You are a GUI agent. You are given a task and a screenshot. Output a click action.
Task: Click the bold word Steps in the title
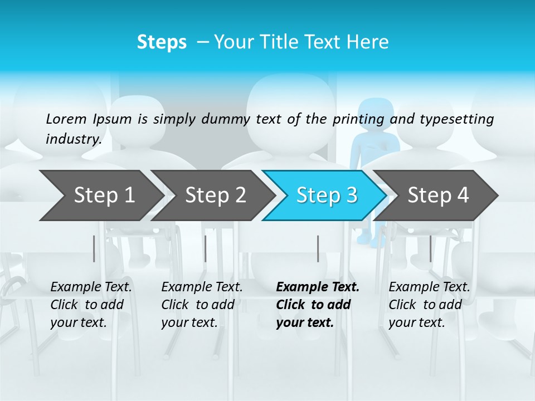[162, 42]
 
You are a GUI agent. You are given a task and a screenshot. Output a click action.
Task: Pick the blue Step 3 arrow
[325, 195]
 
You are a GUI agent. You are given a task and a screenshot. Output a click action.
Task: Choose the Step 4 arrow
[437, 195]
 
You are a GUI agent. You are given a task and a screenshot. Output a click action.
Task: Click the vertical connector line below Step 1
[94, 248]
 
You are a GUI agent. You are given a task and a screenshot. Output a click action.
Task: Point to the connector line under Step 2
[206, 248]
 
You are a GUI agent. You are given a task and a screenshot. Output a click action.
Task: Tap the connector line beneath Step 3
[318, 248]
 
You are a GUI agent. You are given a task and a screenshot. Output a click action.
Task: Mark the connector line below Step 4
[430, 248]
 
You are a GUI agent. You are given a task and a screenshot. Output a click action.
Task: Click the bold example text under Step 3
[317, 305]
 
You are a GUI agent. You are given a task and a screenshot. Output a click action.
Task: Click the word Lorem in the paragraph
[66, 119]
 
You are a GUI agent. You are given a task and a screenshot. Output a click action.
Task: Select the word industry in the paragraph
[73, 139]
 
